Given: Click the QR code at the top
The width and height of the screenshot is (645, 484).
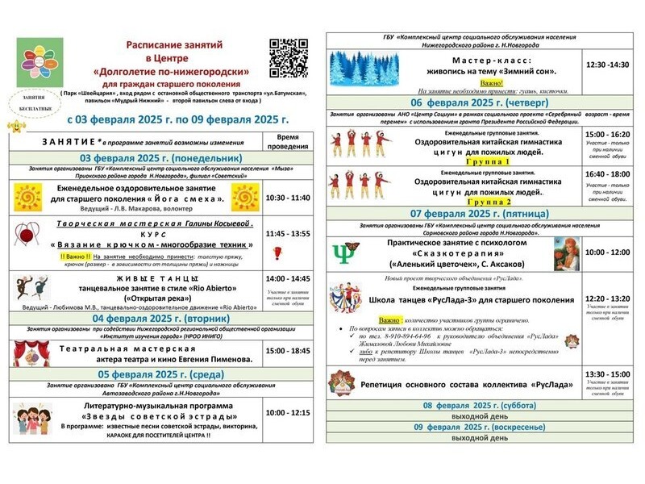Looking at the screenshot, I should click(288, 56).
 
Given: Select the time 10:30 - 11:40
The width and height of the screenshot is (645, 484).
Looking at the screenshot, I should click(288, 198).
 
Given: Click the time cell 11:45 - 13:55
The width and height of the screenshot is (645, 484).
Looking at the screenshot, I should click(288, 233).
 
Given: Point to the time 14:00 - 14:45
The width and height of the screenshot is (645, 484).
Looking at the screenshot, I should click(288, 278).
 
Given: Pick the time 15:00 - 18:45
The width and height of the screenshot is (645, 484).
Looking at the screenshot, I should click(288, 351).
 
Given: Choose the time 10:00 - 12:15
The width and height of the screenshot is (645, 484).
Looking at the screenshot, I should click(288, 412).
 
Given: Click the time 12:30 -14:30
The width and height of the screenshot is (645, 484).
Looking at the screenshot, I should click(608, 64).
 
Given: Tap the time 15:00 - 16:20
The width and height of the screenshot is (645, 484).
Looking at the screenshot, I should click(608, 134).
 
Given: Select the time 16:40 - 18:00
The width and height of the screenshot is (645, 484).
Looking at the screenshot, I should click(608, 173).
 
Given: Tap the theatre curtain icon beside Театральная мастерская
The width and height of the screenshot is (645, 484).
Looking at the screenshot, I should click(30, 352).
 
